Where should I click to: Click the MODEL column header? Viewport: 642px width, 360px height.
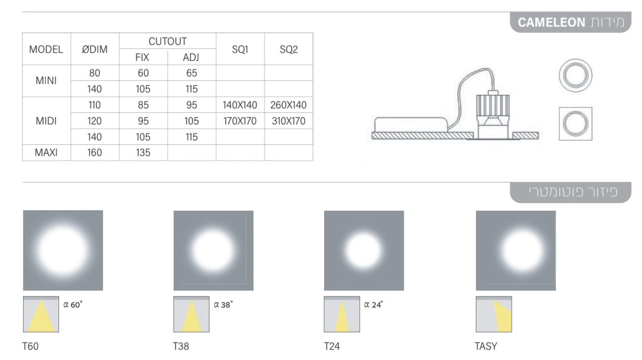point(46,50)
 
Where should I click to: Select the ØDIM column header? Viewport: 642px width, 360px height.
point(95,50)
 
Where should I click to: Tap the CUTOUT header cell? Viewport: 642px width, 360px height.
point(167,41)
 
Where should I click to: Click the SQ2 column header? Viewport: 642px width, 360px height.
point(288,50)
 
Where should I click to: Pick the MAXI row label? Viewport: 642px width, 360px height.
point(46,153)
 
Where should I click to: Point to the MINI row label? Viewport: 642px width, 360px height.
point(46,81)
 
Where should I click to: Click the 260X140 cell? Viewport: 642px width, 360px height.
point(288,105)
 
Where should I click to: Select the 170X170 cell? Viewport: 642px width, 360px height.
point(240,121)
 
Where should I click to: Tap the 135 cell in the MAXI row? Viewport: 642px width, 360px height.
point(143,153)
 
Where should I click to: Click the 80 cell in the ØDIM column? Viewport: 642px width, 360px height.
point(95,73)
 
